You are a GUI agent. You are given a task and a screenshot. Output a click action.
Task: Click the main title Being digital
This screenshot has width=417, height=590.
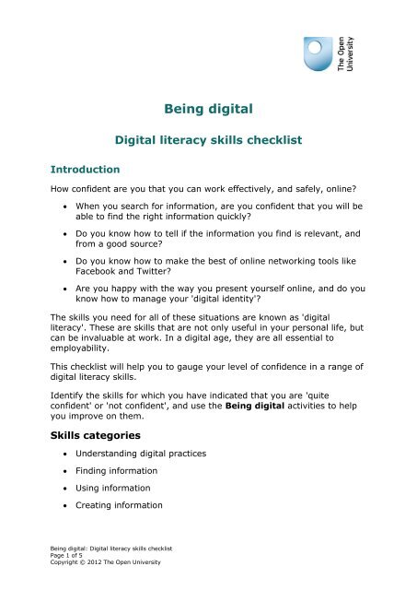(208, 112)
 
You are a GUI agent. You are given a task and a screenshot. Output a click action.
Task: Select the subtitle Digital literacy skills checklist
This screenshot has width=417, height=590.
(209, 142)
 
